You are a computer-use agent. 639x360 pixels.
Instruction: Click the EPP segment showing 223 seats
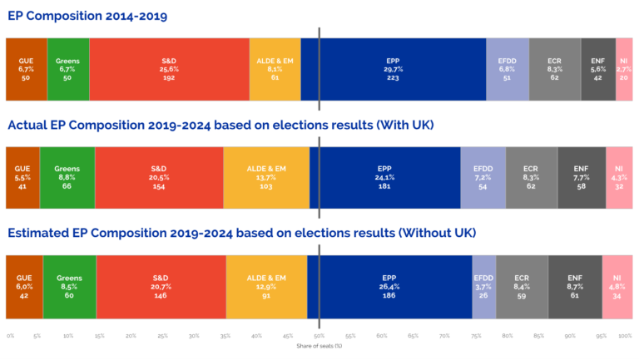393,68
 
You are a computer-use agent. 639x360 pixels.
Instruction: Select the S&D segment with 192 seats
169,68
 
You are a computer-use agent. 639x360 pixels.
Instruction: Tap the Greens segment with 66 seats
67,177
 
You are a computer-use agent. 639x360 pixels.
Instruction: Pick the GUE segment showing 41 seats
22,177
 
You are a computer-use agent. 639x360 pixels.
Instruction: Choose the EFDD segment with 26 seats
484,285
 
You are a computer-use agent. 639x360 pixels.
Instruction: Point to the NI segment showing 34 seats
617,285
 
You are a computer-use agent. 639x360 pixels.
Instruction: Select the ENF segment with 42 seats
598,68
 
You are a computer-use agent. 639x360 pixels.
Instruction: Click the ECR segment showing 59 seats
522,285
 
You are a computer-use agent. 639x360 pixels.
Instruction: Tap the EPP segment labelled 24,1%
385,177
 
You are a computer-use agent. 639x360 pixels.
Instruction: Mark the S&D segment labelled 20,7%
161,285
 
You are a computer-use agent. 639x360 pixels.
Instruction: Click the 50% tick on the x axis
319,336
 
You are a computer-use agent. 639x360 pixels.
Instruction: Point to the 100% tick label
625,336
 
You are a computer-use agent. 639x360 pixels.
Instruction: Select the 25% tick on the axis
162,336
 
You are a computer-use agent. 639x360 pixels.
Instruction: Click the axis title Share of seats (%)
319,346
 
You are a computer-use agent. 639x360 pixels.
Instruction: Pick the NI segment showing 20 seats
623,68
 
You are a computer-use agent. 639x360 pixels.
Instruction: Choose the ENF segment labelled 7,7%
581,177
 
